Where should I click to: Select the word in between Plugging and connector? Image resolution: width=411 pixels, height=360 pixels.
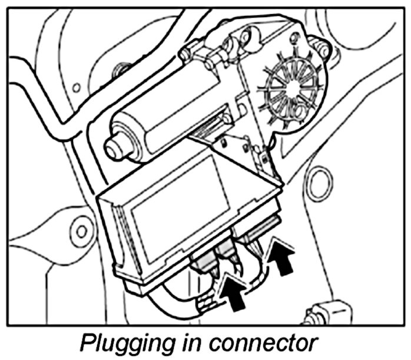pos(196,343)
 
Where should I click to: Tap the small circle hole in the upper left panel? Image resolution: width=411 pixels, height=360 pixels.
pos(76,89)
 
